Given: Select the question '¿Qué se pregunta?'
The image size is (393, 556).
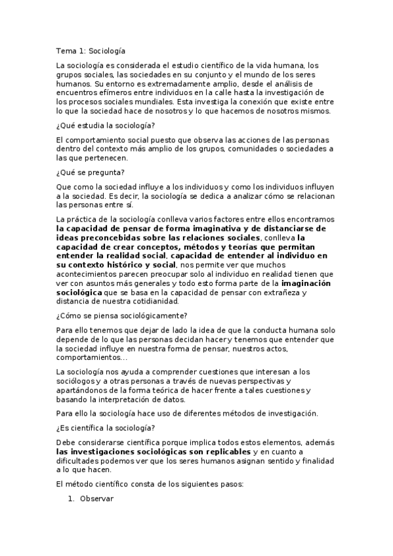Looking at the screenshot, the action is (87, 172).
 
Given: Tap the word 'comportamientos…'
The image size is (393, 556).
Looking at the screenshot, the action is (92, 357).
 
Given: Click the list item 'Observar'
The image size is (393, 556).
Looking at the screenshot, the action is (96, 498).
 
